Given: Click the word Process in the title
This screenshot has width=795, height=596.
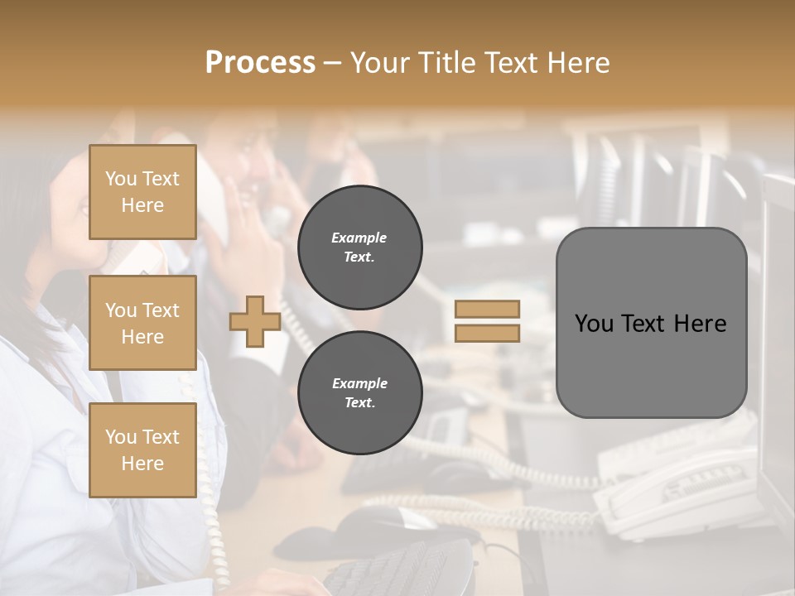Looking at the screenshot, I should [x=260, y=63].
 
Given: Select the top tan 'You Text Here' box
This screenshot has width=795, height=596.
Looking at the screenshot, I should [x=142, y=192].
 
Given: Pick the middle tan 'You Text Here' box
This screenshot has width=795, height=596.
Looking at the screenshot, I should [x=142, y=323].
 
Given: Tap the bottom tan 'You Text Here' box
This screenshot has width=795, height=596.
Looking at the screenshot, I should [x=142, y=450].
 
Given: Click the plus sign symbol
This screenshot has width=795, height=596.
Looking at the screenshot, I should [x=255, y=322].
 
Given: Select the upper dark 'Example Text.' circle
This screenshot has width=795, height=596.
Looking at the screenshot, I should [x=360, y=247].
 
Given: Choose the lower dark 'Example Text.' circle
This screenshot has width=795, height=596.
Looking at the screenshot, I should [x=360, y=392].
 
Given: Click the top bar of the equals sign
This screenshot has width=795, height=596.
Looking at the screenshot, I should [x=487, y=309].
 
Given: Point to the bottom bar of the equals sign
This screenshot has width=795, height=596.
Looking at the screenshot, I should [x=487, y=333].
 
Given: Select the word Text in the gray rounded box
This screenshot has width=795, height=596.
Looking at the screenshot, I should [x=644, y=324].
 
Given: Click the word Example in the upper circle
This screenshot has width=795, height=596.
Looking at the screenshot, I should [x=359, y=238].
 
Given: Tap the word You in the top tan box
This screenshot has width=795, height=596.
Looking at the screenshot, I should [x=121, y=179].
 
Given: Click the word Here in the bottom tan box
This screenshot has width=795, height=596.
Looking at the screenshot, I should [x=142, y=464].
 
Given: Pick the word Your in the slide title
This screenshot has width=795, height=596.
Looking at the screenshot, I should [x=381, y=63].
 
